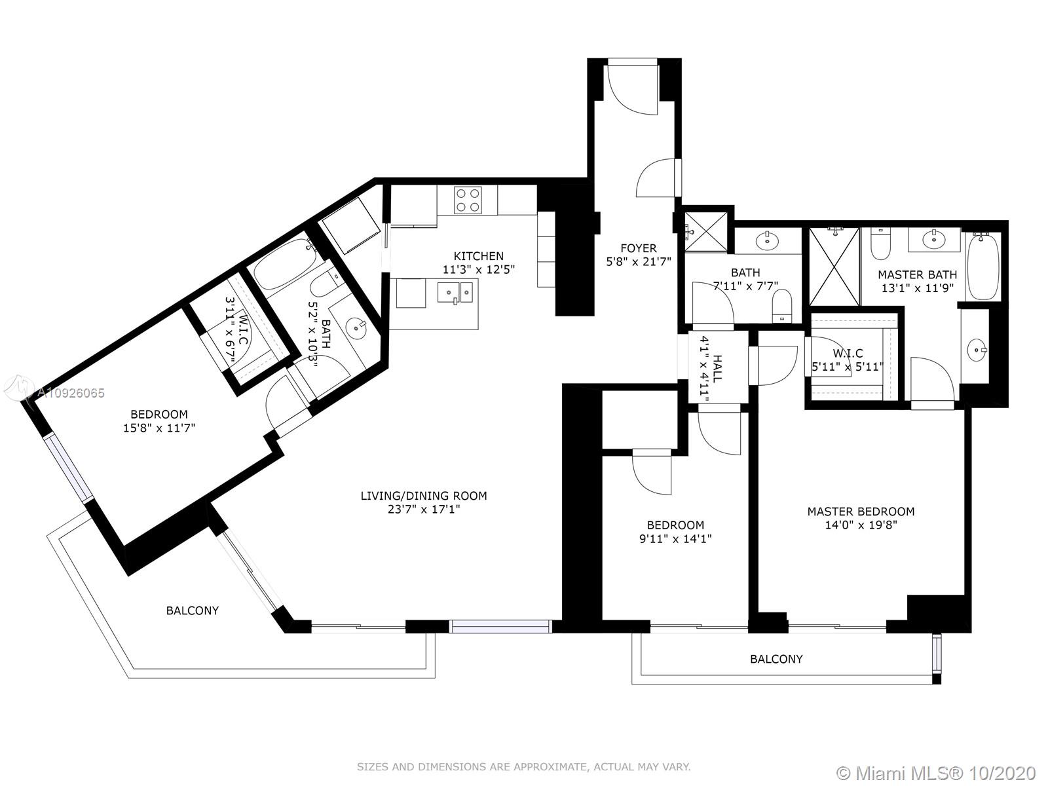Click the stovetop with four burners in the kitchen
[x=468, y=200]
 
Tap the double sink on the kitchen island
[x=455, y=291]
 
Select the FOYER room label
[x=639, y=248]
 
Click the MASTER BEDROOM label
[x=861, y=512]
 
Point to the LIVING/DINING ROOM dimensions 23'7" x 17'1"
[x=424, y=510]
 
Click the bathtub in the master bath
[x=982, y=267]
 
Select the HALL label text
[x=717, y=368]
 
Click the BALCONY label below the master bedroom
[x=776, y=659]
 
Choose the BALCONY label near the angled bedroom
[x=193, y=610]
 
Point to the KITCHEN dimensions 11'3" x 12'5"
[x=478, y=270]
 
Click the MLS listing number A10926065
[x=71, y=393]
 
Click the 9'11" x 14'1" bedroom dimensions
[x=675, y=539]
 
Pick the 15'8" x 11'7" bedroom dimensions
[x=159, y=428]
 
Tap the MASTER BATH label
[x=917, y=274]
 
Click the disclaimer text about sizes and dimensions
[x=524, y=767]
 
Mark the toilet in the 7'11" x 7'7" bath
[x=781, y=307]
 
